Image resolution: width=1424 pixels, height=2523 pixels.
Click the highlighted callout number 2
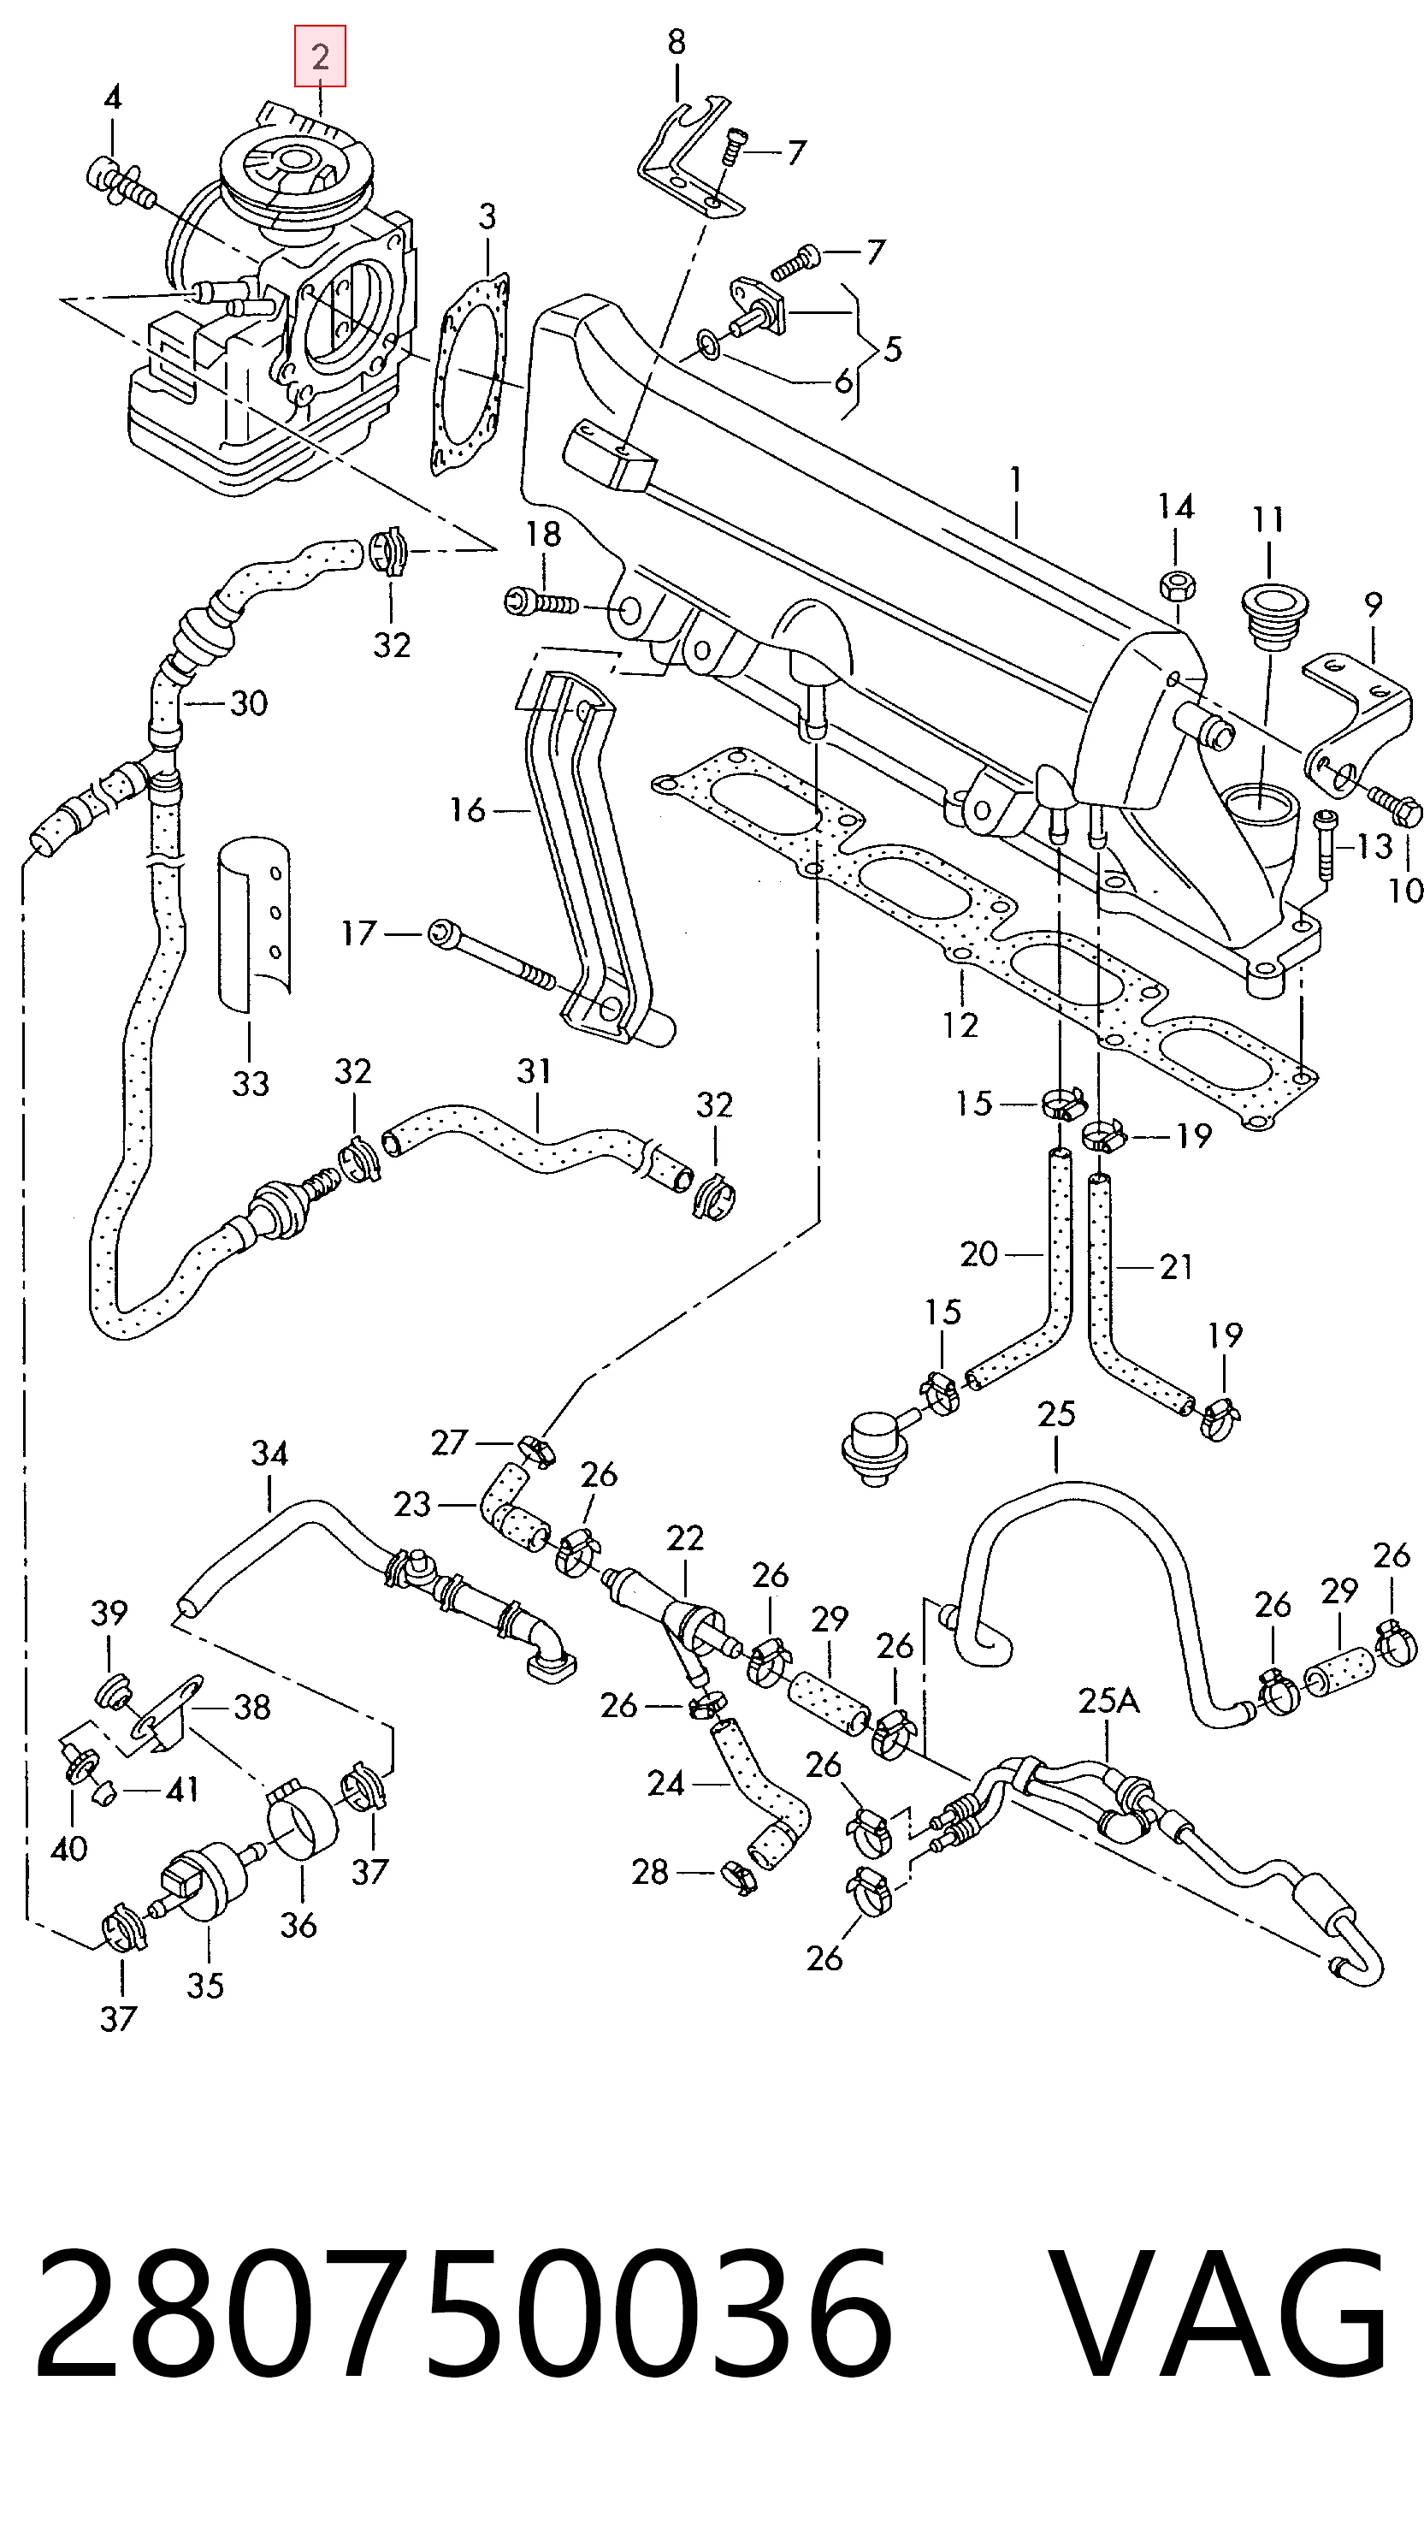(320, 56)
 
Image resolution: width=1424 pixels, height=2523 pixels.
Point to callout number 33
(250, 1083)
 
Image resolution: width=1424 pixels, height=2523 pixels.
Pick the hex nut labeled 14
(1175, 584)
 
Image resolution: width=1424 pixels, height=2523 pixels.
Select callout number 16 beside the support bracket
(467, 810)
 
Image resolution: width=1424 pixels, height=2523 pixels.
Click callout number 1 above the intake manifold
(1017, 480)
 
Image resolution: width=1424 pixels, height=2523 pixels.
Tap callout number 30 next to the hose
(249, 703)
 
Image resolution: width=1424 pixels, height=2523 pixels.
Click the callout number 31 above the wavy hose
(535, 1070)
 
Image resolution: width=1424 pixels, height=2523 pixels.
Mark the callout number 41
(183, 1790)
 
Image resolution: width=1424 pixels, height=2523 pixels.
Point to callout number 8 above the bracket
(677, 42)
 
